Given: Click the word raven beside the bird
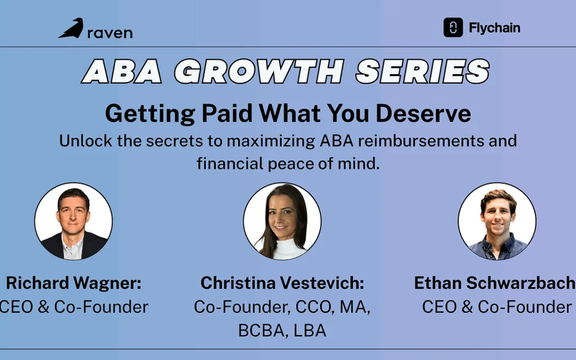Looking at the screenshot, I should coord(109,33).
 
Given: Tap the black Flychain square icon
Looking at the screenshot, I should coord(453,28).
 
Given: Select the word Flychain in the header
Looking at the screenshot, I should coord(494,28).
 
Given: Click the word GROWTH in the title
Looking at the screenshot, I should coord(259,71).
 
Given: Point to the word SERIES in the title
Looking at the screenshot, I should coord(422,71).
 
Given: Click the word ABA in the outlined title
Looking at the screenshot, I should coord(122,71).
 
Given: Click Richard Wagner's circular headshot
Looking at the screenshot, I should coord(74,221).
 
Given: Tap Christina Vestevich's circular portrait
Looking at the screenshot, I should coord(282,221).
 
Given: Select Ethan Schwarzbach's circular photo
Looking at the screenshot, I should coord(497,221).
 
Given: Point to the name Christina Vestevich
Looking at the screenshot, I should coord(282,283).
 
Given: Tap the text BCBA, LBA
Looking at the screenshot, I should coord(282,330).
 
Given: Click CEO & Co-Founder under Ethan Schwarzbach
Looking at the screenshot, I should coord(497,307).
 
